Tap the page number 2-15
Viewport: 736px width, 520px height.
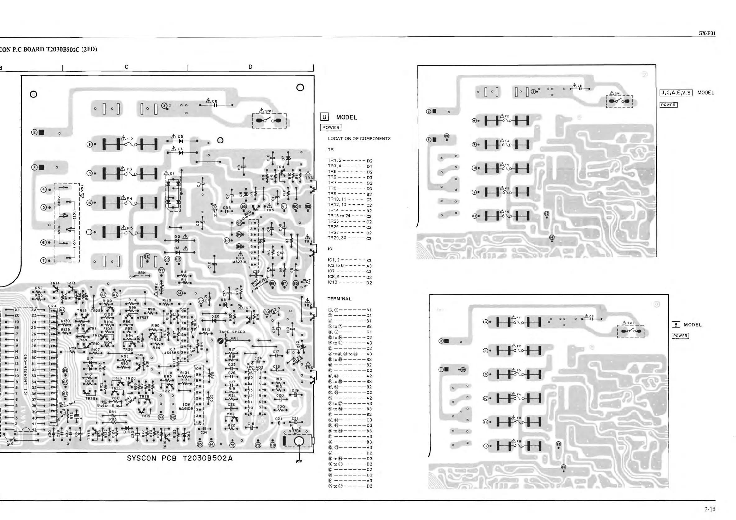coord(710,509)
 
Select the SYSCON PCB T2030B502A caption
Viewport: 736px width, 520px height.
coord(180,458)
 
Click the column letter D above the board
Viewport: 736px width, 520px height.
coord(250,67)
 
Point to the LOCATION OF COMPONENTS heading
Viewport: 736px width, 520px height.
coord(359,139)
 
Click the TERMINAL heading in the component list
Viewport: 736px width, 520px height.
coord(339,299)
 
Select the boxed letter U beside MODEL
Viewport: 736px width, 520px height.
coord(324,118)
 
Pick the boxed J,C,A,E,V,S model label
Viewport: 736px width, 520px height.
coord(676,93)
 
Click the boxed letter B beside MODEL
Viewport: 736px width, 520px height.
coord(676,325)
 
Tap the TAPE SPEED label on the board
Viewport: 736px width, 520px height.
coord(232,332)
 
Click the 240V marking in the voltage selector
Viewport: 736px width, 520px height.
coord(59,202)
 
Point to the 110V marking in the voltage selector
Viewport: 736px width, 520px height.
coord(73,248)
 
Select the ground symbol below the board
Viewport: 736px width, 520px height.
coord(299,461)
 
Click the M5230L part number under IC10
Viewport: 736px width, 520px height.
coord(240,262)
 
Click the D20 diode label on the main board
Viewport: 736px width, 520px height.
coord(215,316)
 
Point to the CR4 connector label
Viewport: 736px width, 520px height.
coord(52,306)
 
